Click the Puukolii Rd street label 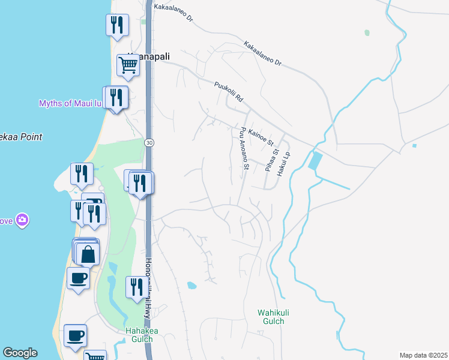pyautogui.click(x=228, y=92)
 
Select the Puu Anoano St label pyautogui.click(x=243, y=148)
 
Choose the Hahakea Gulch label pyautogui.click(x=141, y=335)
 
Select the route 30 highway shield pyautogui.click(x=149, y=142)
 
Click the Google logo pyautogui.click(x=20, y=353)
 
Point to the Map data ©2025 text pyautogui.click(x=423, y=355)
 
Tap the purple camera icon pyautogui.click(x=23, y=220)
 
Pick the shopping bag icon pyautogui.click(x=88, y=254)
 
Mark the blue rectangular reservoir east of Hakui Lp pyautogui.click(x=315, y=161)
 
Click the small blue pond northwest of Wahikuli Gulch pyautogui.click(x=191, y=285)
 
